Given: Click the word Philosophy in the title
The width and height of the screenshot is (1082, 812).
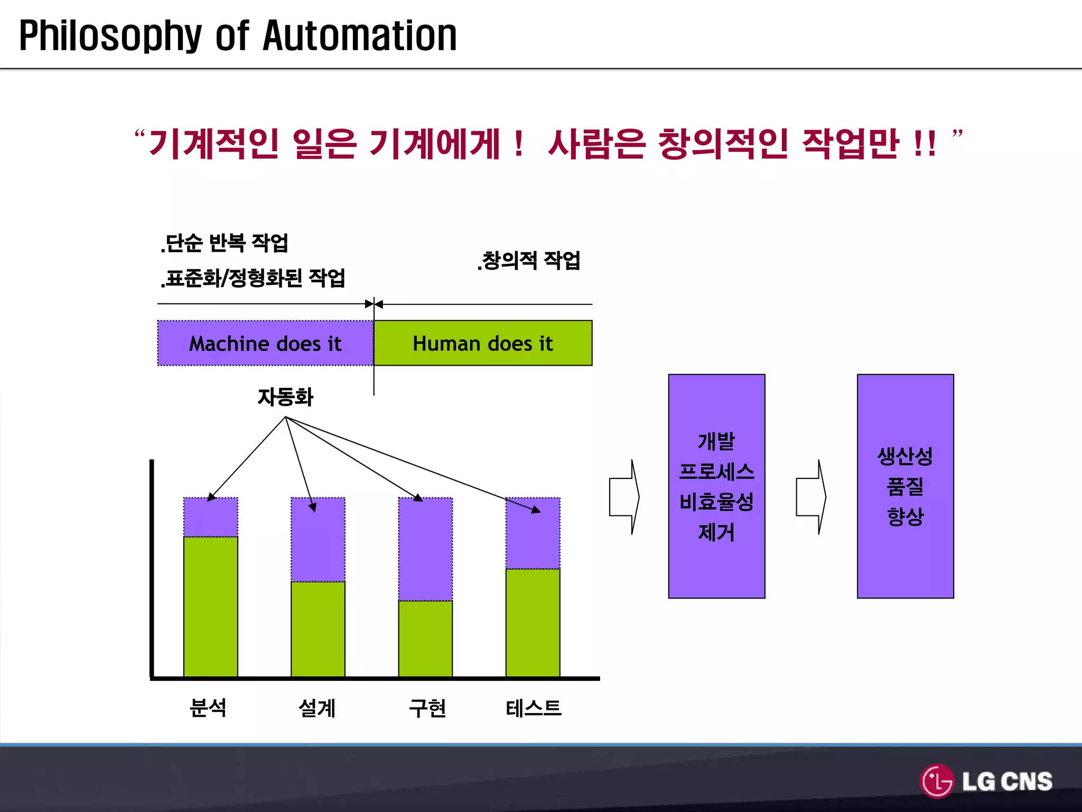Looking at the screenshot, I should (110, 36).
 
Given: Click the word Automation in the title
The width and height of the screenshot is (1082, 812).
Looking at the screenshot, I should (360, 36).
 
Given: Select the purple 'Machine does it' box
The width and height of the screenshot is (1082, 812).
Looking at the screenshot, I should (265, 343).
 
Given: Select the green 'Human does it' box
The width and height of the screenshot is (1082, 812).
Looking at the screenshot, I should (483, 343).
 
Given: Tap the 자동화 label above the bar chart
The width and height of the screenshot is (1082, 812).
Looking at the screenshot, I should (285, 397).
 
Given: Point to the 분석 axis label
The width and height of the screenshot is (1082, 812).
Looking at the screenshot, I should (208, 707).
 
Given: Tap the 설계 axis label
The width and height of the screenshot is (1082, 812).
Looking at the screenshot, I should (317, 707).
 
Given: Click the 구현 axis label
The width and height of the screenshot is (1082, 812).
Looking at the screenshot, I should (427, 707).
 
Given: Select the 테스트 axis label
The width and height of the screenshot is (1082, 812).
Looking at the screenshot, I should (533, 707).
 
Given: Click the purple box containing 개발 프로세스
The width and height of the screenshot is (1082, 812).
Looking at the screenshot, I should (716, 486).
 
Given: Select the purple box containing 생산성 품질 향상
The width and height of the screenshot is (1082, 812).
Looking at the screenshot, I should (905, 486).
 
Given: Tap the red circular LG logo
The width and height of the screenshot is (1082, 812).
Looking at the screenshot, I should (937, 781).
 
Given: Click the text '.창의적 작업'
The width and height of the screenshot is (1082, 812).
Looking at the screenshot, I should (528, 261).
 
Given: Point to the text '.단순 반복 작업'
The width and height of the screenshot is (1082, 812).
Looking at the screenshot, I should (225, 243).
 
